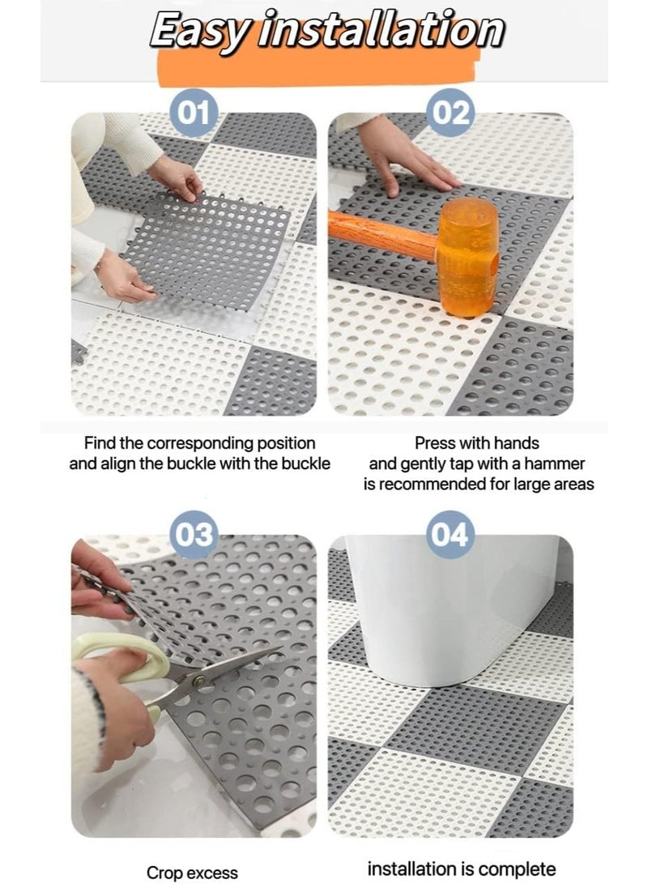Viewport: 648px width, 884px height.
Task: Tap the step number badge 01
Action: (x=194, y=113)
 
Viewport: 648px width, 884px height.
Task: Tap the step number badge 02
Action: (x=451, y=113)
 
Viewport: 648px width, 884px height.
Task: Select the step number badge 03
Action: (x=194, y=535)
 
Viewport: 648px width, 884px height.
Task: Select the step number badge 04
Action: (x=451, y=535)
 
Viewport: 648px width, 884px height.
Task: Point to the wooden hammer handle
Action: (x=381, y=235)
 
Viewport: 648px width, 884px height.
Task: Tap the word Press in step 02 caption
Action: (x=435, y=444)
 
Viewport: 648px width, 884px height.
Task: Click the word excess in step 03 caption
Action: (x=213, y=873)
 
